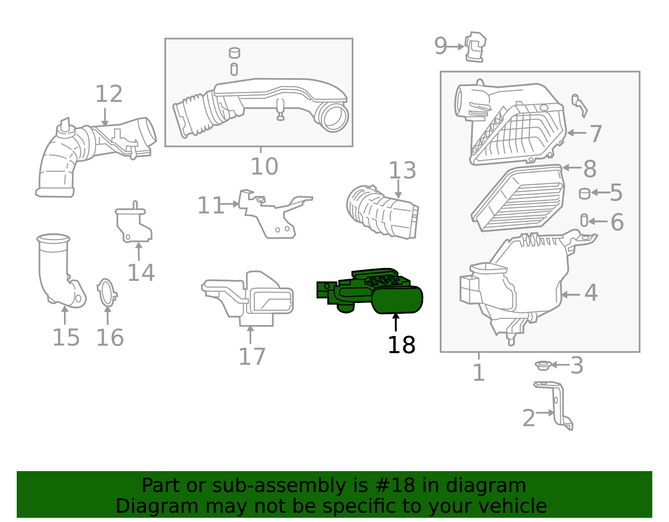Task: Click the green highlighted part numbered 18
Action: (396, 299)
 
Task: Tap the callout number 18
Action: (401, 345)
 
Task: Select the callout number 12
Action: (109, 94)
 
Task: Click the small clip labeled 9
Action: (475, 46)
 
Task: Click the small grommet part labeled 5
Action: (584, 194)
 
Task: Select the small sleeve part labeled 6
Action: (584, 220)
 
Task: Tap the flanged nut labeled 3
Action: (542, 366)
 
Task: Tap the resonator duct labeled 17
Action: (251, 298)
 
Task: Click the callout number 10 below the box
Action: (264, 167)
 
